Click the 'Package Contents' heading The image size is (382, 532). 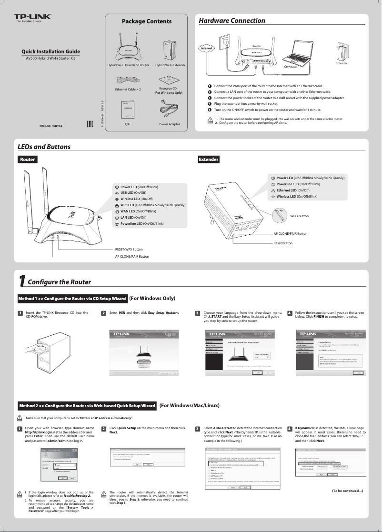tap(146, 21)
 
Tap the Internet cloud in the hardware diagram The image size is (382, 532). tap(206, 48)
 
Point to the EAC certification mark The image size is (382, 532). tap(89, 125)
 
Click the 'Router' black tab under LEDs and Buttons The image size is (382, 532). tap(27, 159)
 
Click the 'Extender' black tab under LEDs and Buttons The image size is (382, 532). tap(208, 159)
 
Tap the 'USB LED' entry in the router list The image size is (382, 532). tap(130, 192)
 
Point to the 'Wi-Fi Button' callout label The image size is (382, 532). tap(299, 216)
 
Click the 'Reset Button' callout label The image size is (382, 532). tap(282, 243)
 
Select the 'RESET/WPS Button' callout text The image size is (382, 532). tap(129, 249)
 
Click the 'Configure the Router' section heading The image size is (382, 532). tap(59, 282)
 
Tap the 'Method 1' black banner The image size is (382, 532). tap(72, 299)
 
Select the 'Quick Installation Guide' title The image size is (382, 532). tap(50, 51)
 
